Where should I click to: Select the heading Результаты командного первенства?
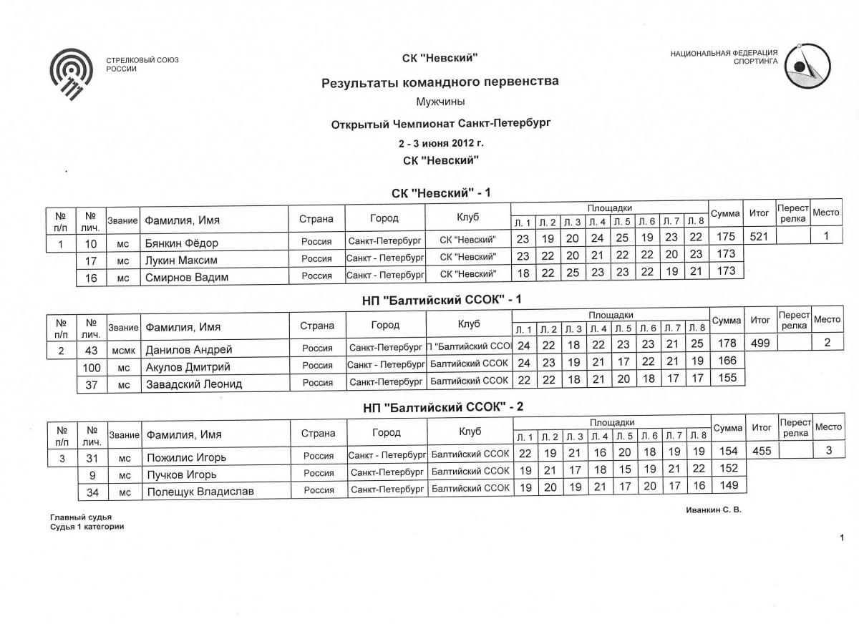(x=440, y=82)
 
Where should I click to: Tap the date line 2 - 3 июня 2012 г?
(x=440, y=142)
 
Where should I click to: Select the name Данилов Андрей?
(x=189, y=350)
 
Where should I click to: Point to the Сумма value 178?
(x=727, y=344)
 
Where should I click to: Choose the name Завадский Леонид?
(x=193, y=384)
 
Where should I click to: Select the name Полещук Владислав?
(x=200, y=492)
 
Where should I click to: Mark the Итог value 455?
(x=762, y=451)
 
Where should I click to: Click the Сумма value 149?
(x=727, y=486)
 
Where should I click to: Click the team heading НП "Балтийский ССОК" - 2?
(x=443, y=408)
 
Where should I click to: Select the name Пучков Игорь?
(x=182, y=474)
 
